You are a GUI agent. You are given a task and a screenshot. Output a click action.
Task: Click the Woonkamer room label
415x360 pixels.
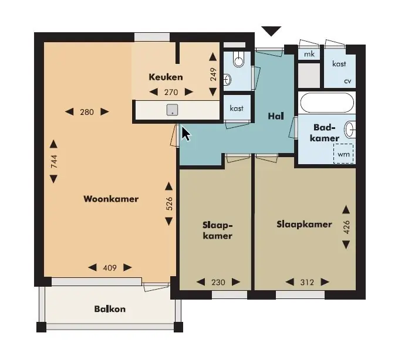tap(111, 199)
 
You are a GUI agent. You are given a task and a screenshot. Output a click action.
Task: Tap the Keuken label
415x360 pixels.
tap(166, 77)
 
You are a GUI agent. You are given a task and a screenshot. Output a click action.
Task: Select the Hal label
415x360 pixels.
tap(276, 116)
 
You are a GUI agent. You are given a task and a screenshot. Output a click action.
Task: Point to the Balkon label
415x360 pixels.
tap(110, 309)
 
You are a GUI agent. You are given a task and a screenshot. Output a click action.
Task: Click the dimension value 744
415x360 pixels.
tap(54, 161)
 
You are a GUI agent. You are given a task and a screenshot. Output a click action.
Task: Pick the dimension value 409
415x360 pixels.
tap(110, 268)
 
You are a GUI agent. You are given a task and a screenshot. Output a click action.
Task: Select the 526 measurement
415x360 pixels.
tap(169, 203)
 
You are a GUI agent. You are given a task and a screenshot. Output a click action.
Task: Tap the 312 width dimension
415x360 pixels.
tap(307, 282)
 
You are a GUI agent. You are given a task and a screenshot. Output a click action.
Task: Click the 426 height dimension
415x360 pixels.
tap(346, 227)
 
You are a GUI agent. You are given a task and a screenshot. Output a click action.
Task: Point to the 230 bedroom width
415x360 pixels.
tap(218, 282)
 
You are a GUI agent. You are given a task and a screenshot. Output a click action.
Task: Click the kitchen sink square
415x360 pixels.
tap(173, 110)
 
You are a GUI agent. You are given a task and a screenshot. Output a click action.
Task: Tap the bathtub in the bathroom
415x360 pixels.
tap(327, 103)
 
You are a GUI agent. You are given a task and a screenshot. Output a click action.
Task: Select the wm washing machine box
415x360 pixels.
tap(343, 154)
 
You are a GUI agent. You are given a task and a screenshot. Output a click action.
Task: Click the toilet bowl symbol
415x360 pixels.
tap(239, 59)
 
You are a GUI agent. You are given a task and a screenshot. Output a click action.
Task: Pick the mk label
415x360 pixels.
tap(309, 54)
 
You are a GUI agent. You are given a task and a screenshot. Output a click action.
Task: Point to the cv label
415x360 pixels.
tap(347, 81)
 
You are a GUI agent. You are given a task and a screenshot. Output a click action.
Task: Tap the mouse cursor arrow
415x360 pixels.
tap(186, 134)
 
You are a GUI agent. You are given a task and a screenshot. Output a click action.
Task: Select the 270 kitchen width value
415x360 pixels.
tap(171, 92)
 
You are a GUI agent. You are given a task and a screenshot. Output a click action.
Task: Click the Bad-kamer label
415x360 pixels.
tap(325, 133)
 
